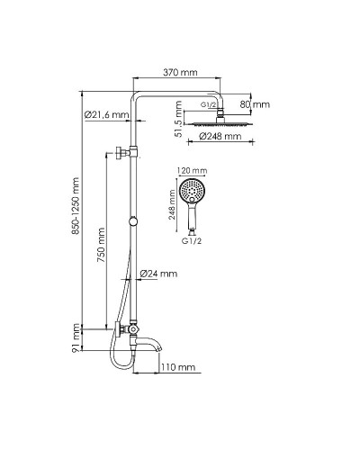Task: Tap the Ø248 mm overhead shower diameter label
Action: tap(220, 137)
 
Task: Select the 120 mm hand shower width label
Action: tap(193, 169)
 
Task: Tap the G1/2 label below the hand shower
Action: tap(192, 242)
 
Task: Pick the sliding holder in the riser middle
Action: tap(135, 221)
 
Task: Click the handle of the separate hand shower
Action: tap(193, 219)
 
